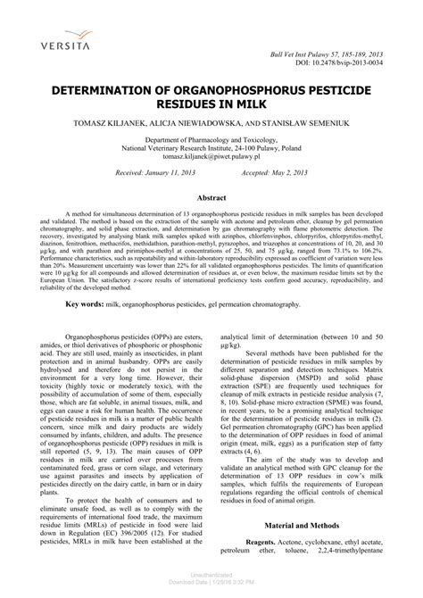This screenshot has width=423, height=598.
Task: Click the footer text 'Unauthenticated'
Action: click(x=211, y=577)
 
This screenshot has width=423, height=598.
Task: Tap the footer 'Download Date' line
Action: click(x=211, y=584)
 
